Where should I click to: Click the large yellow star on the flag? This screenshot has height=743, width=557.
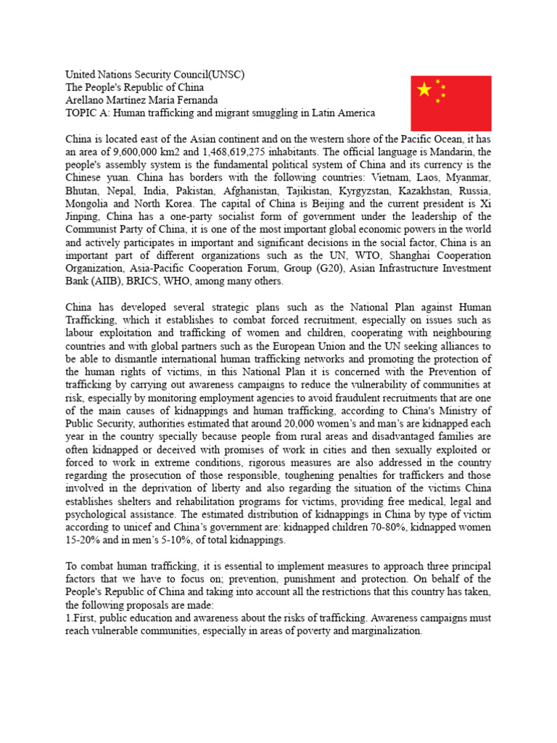tap(425, 89)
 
